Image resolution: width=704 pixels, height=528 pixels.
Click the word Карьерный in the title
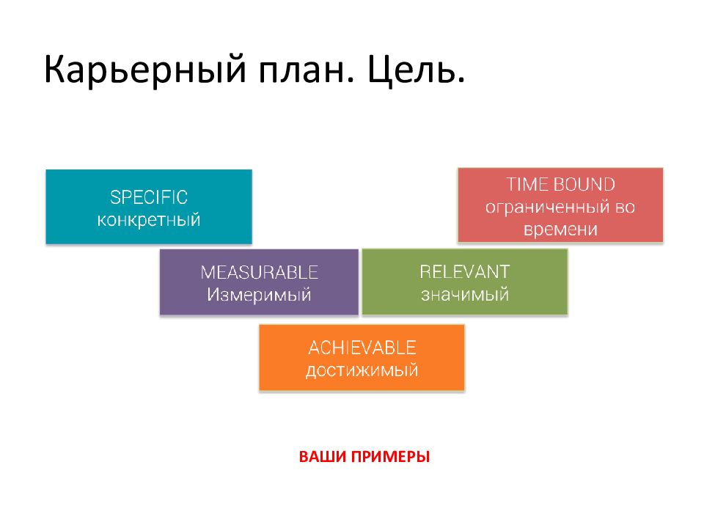point(145,70)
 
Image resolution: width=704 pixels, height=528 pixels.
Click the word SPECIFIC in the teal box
point(149,197)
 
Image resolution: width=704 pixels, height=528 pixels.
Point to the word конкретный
point(149,220)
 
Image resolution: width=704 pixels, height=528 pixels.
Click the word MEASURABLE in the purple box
point(259,273)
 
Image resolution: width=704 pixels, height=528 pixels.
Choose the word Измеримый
point(259,295)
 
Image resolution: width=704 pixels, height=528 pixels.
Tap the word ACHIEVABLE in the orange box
point(362,348)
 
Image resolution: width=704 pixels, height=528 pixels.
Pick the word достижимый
point(362,371)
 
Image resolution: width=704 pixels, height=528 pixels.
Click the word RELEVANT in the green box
point(465,271)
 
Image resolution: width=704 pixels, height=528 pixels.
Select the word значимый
point(465,295)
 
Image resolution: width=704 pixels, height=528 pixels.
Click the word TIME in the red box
point(526,185)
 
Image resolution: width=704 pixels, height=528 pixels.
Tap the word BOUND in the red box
point(584,185)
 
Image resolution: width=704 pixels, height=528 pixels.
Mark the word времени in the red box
point(560,230)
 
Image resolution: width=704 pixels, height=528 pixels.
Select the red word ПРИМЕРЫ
point(391,457)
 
